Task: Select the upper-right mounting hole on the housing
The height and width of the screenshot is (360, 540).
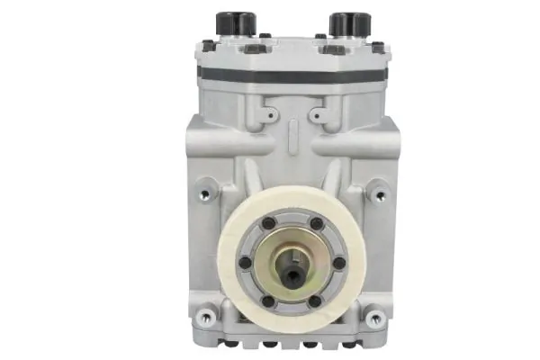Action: pyautogui.click(x=381, y=193)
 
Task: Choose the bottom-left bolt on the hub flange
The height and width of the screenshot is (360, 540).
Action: pyautogui.click(x=269, y=301)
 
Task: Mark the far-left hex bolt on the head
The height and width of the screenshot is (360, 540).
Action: pyautogui.click(x=208, y=47)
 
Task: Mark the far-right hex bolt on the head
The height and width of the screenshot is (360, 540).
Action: pyautogui.click(x=377, y=47)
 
